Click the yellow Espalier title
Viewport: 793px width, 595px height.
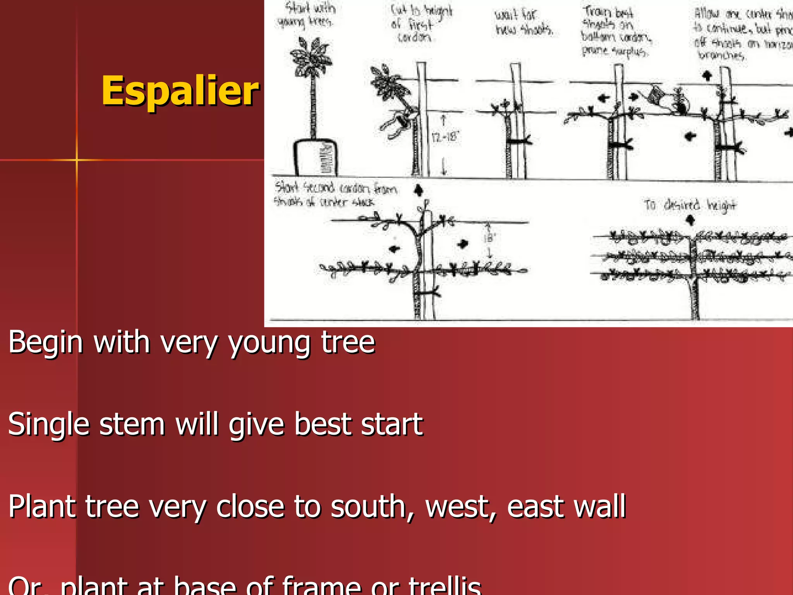click(x=180, y=91)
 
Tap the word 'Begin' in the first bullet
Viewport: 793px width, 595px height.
click(x=46, y=342)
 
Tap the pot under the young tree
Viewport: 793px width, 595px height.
click(x=314, y=158)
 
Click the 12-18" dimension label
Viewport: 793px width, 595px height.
click(x=445, y=137)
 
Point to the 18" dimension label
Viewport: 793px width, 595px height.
click(x=489, y=238)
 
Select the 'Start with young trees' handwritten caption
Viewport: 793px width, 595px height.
click(x=306, y=15)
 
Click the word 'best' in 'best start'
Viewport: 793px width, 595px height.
click(x=323, y=425)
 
